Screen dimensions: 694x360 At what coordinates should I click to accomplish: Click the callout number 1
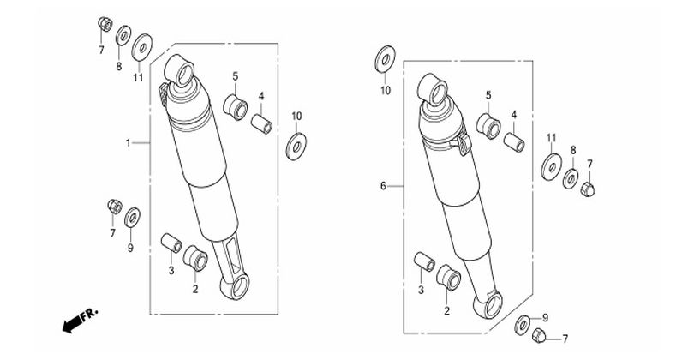coord(128,143)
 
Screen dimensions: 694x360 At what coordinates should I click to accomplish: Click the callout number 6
coord(383,186)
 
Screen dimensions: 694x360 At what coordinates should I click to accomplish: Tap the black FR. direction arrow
coord(71,326)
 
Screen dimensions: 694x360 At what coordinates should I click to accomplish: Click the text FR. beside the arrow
coord(89,315)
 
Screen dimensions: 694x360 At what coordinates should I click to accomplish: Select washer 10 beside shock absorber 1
coord(296,147)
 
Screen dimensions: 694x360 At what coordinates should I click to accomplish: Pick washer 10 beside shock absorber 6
coord(385,59)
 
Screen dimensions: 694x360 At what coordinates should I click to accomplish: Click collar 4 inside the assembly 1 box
coord(261,123)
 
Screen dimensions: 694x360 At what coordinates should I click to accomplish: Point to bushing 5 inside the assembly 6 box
coord(488,126)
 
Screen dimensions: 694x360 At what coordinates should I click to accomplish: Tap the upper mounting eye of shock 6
coord(434,90)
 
